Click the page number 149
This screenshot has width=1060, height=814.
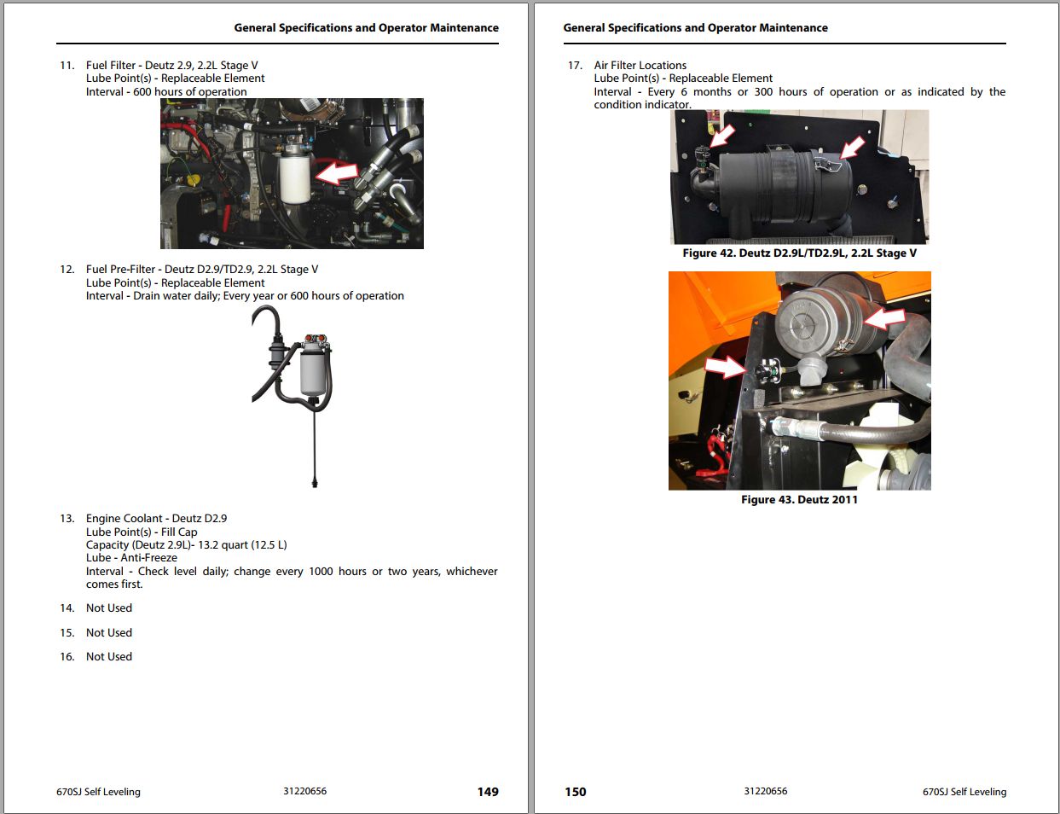point(487,792)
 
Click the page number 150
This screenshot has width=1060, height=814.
point(575,792)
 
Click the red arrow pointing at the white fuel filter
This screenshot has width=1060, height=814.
point(337,172)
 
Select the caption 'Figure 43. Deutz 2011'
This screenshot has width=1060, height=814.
point(799,499)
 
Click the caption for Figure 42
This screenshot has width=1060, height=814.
point(799,253)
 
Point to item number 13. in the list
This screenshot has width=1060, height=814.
point(67,518)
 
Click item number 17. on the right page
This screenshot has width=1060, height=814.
point(575,66)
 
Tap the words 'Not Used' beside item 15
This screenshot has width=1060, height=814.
point(109,632)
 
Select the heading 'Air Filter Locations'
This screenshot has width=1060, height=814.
point(640,66)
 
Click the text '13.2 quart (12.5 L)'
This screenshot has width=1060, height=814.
point(242,544)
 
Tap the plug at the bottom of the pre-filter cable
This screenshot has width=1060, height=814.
point(315,482)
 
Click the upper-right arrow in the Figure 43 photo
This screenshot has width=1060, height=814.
point(884,319)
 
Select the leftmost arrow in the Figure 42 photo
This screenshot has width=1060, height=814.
point(721,135)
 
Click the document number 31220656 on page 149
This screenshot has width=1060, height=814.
point(305,791)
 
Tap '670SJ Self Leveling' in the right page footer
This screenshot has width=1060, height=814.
point(964,792)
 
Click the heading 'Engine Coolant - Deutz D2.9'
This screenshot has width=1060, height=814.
point(156,518)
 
